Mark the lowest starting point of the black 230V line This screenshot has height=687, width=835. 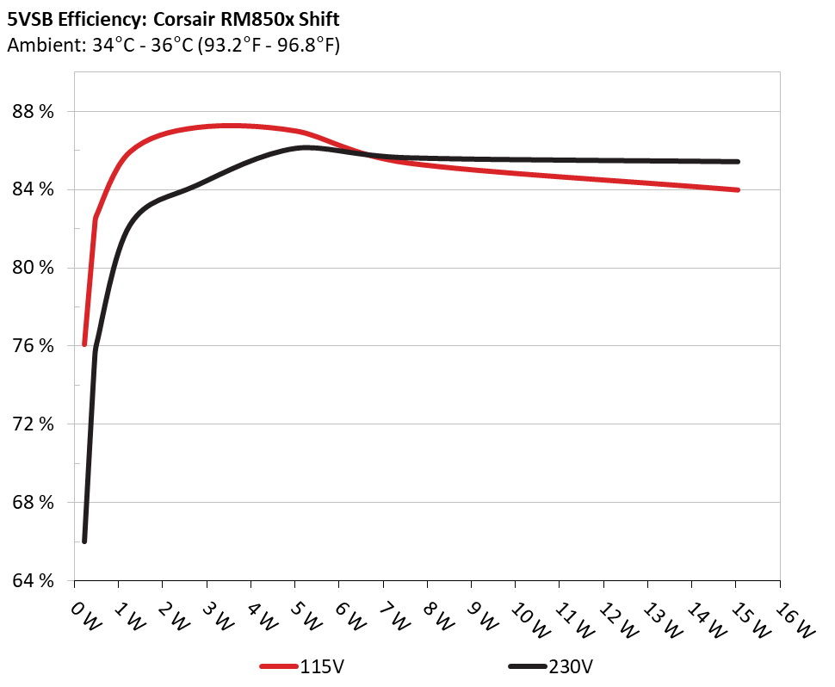(84, 541)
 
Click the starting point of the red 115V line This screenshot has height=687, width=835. (84, 344)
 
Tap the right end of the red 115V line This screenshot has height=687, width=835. (738, 189)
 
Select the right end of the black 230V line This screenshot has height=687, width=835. (738, 161)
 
